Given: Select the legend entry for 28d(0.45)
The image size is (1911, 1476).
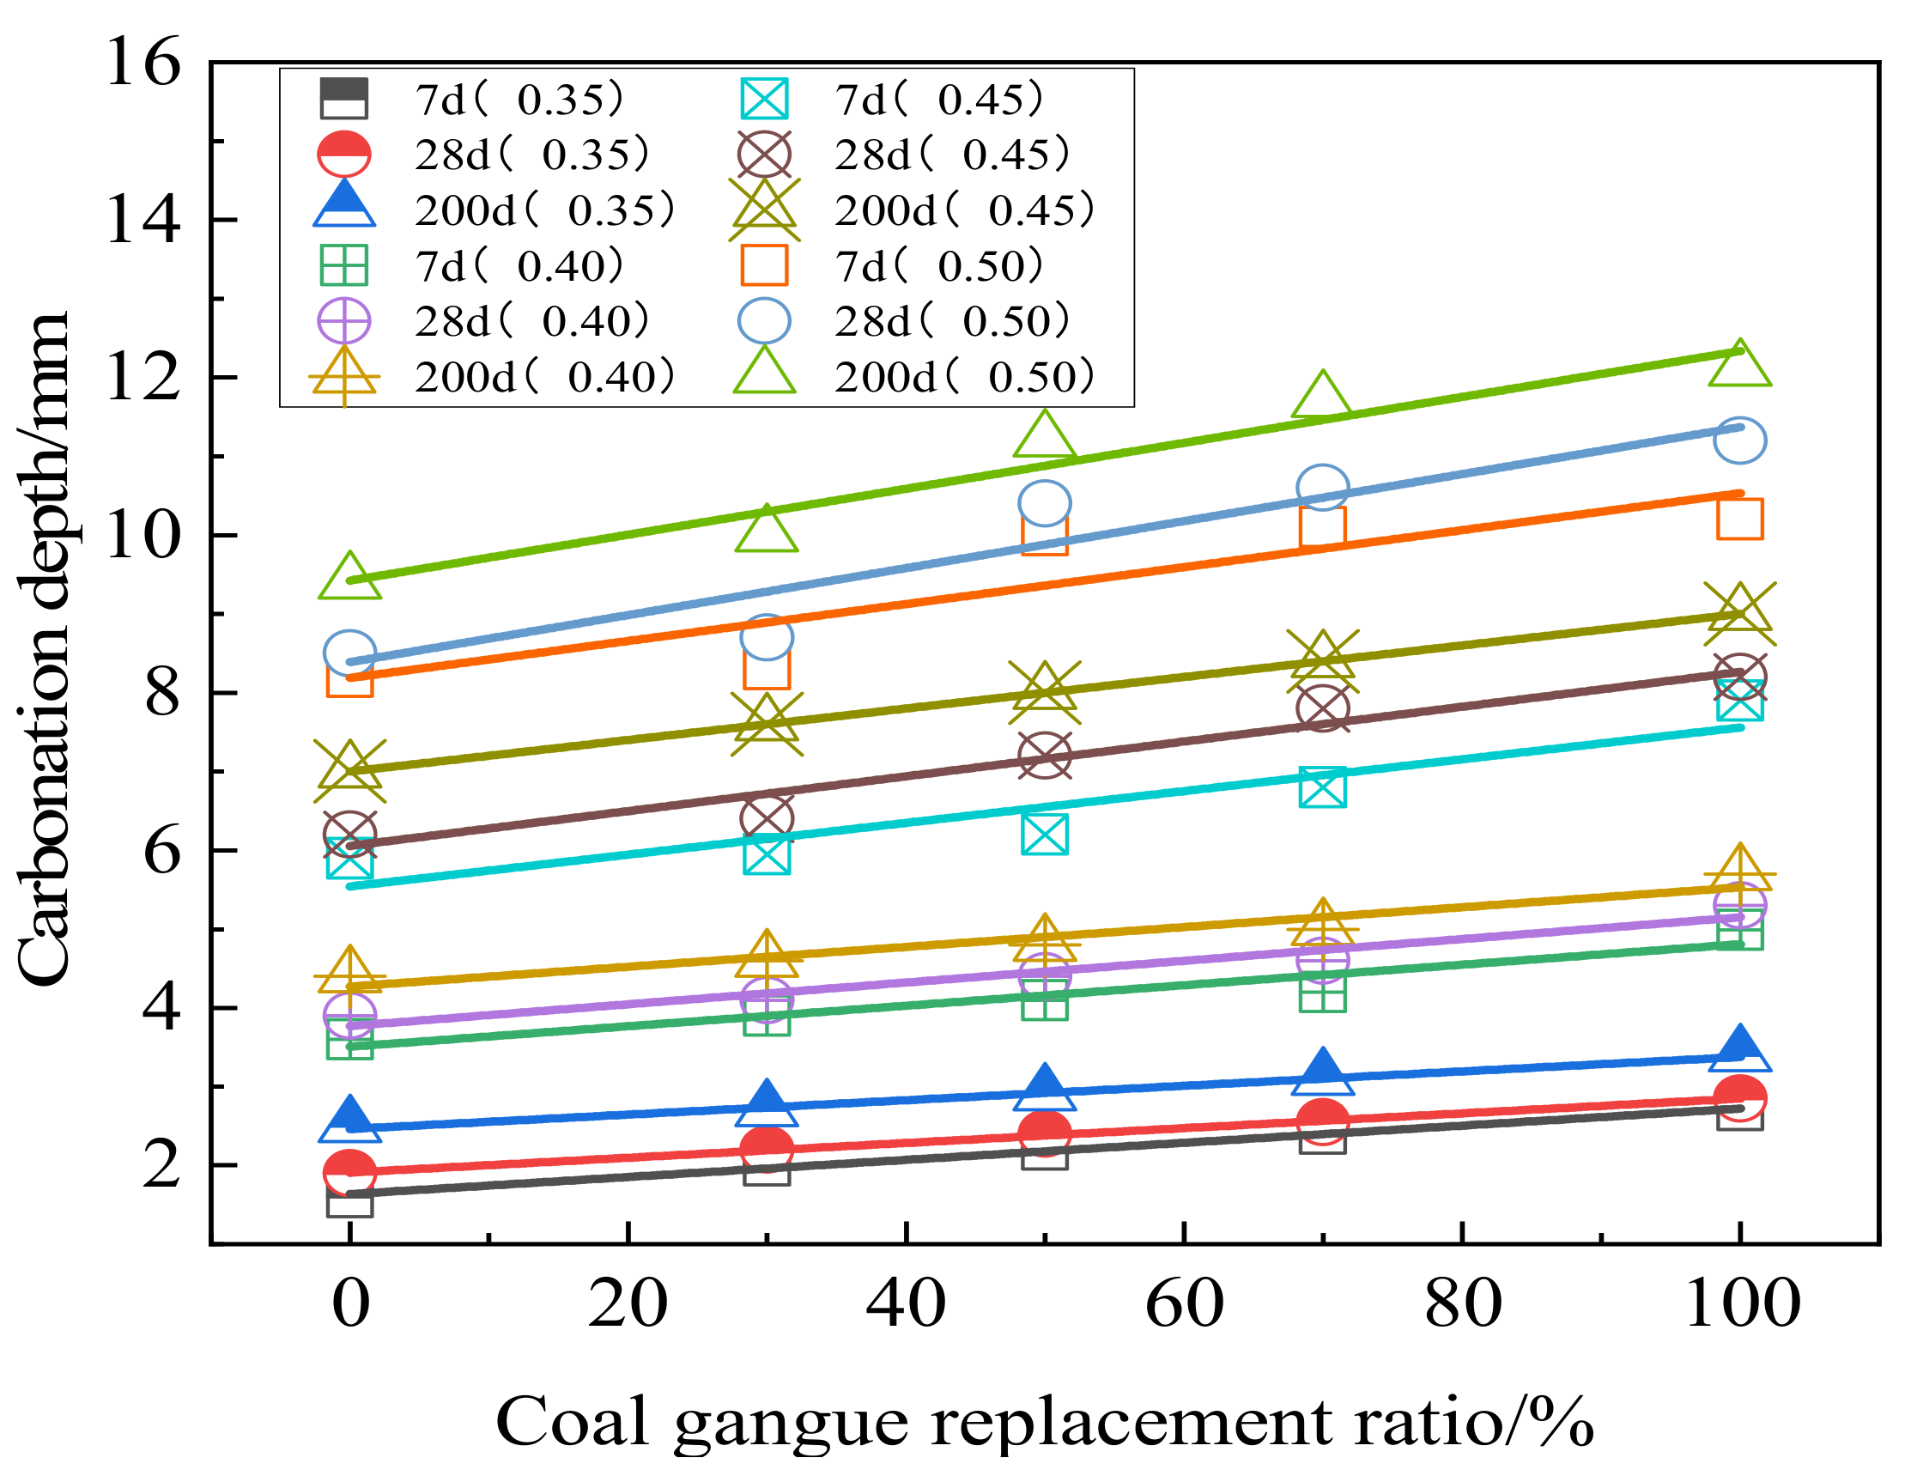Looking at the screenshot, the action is [x=907, y=155].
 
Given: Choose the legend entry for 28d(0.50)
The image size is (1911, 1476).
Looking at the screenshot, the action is [x=907, y=321].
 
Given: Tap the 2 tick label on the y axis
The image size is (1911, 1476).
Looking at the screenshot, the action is [x=162, y=1166].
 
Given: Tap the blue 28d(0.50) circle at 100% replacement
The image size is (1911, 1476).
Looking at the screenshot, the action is [x=1740, y=441].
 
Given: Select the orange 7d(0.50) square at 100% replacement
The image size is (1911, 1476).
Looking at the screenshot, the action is [x=1740, y=519].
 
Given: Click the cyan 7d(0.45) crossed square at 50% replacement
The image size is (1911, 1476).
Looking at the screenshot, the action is [x=1045, y=835].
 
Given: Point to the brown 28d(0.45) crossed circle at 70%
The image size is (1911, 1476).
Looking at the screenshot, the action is [x=1323, y=708].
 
